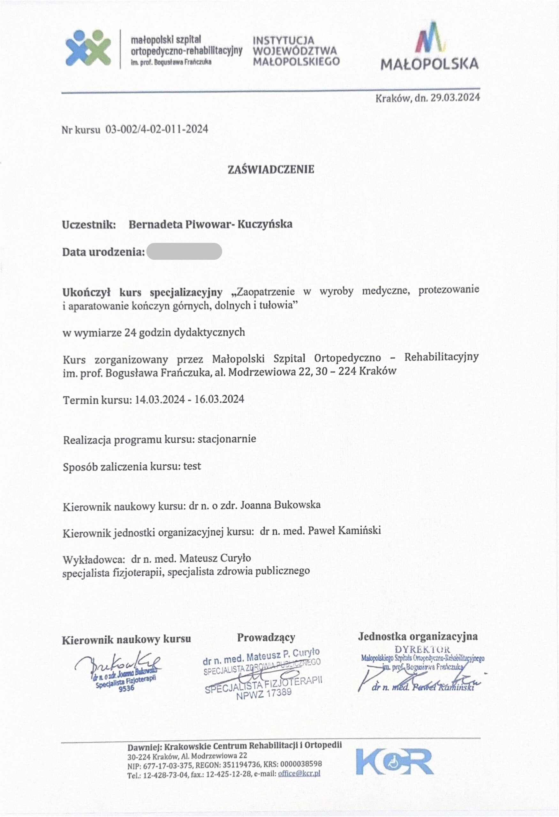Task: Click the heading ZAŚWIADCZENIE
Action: [271, 170]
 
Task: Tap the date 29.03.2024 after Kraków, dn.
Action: [455, 97]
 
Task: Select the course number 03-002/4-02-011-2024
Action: [157, 129]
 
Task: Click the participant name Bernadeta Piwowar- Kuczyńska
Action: [211, 224]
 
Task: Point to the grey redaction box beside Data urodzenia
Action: [184, 251]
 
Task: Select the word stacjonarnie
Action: [227, 439]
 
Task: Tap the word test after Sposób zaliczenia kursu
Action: [192, 466]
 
